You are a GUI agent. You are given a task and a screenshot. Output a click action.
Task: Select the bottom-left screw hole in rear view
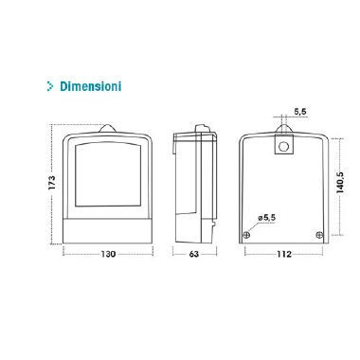click(248, 235)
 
